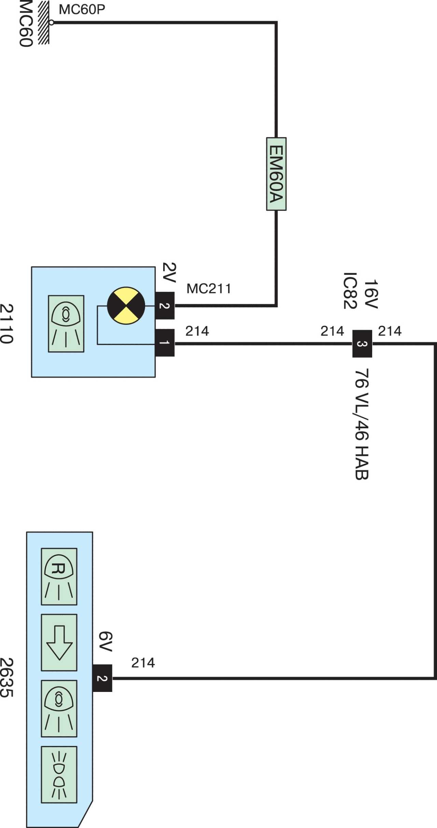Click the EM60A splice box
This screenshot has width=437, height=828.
[276, 174]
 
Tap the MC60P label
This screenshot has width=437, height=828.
[82, 10]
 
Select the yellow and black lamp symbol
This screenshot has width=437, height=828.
[126, 306]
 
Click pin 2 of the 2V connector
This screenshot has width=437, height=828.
[165, 306]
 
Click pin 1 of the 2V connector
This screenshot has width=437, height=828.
[165, 343]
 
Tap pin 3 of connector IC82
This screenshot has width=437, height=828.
[362, 344]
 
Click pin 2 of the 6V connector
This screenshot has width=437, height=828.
[102, 678]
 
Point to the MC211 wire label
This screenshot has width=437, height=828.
[209, 289]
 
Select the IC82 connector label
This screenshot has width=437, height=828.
[350, 291]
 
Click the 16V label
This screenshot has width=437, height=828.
[371, 294]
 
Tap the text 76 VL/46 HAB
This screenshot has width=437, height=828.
[362, 424]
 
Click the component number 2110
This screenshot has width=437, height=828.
[6, 324]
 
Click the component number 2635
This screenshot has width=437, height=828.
[6, 678]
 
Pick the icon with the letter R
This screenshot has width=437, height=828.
[59, 577]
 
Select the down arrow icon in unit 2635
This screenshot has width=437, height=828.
[59, 642]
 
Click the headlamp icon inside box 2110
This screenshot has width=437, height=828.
[66, 324]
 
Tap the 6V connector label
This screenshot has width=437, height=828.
[105, 641]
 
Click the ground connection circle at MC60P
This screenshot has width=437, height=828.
[51, 23]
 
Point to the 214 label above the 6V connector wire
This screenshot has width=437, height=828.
[143, 663]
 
